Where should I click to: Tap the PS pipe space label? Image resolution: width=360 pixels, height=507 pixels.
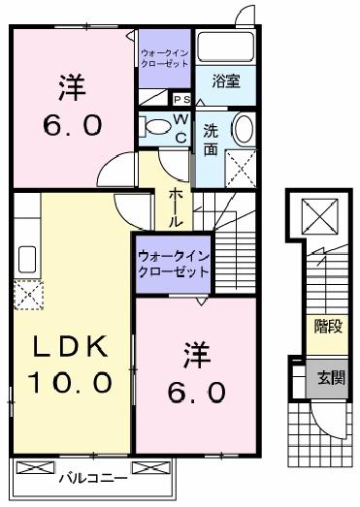(180, 99)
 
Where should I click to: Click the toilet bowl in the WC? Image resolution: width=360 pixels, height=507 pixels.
(155, 125)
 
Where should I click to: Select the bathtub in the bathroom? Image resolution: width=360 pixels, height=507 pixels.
(224, 48)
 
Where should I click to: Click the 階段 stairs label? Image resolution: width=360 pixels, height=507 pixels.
(327, 327)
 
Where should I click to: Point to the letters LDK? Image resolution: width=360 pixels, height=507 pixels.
(69, 347)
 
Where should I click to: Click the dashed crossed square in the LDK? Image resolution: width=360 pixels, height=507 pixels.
(27, 293)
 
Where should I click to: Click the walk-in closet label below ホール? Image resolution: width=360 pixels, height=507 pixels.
(173, 265)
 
